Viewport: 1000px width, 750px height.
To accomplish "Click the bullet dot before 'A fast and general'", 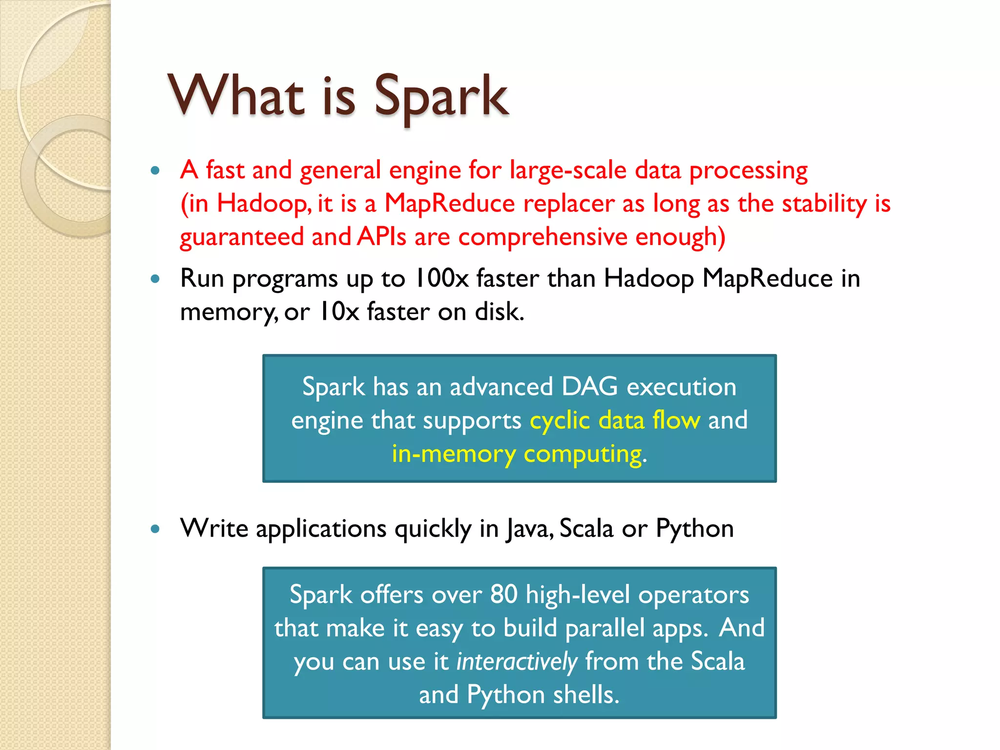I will point(155,170).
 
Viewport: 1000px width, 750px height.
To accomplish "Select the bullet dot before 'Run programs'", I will point(155,279).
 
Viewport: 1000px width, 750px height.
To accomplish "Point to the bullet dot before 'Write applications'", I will point(155,529).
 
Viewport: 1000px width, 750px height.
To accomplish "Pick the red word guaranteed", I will point(241,237).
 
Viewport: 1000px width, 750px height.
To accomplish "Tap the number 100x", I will point(441,278).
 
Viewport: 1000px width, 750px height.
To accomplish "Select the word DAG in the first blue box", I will point(589,387).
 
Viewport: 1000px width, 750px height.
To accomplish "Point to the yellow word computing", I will point(583,455).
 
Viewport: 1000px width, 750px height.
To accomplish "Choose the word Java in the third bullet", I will point(529,529).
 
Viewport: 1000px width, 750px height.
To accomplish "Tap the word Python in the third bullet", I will point(694,529).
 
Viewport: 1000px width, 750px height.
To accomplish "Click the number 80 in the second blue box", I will point(503,595).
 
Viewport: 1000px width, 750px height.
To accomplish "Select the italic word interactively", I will point(517,662).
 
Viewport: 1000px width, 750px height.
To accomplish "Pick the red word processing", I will point(748,171).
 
